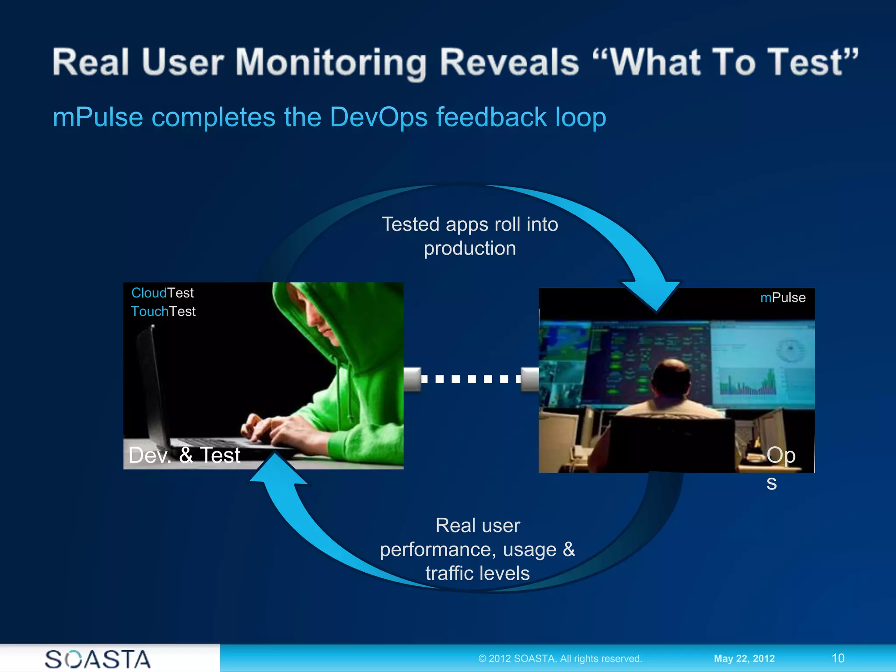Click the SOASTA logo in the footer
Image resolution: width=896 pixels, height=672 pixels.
98,659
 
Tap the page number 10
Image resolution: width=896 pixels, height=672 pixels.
838,658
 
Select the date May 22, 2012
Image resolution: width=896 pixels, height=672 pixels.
744,658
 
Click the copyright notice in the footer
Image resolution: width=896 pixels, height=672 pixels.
560,658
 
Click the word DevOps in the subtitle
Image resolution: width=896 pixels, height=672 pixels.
378,117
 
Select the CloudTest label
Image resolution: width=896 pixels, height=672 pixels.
162,293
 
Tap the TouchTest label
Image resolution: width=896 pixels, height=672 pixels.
163,311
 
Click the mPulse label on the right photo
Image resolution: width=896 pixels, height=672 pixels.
783,297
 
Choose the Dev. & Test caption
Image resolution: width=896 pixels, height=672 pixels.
184,455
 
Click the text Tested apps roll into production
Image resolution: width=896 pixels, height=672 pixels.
470,236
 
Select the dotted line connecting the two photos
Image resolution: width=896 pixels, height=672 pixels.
471,379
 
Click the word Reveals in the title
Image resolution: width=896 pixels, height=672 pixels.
509,63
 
